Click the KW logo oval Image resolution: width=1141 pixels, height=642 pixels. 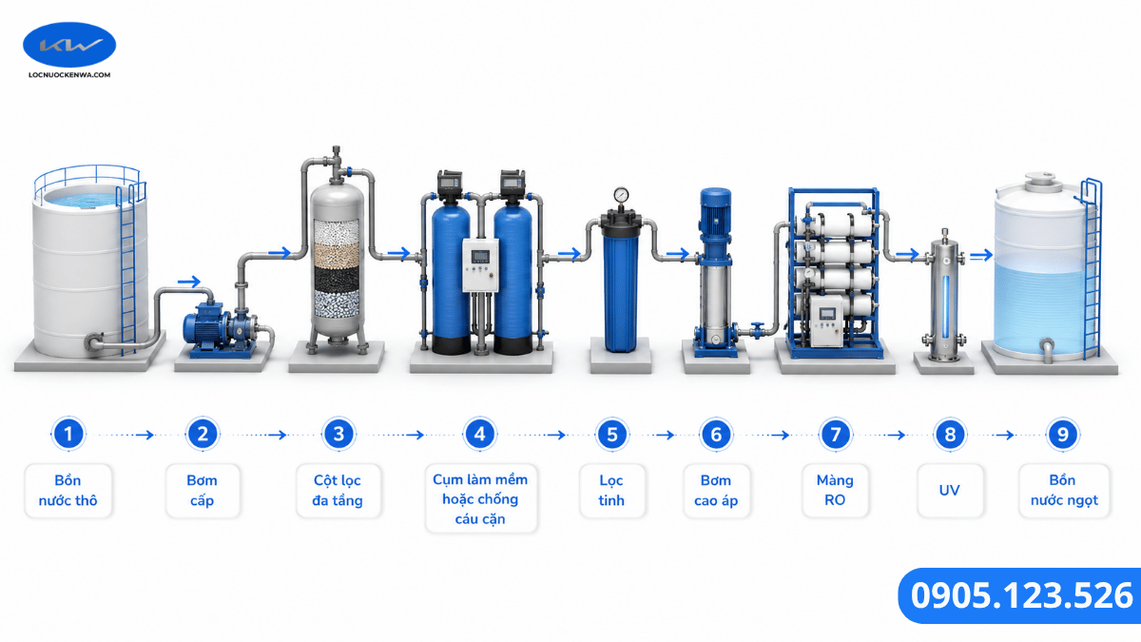click(x=69, y=45)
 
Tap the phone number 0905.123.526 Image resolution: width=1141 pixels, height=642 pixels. click(x=1021, y=595)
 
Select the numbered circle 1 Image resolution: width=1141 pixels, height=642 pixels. click(x=68, y=434)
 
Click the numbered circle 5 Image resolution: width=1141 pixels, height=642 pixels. click(x=611, y=435)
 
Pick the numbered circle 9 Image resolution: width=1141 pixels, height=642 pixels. click(x=1063, y=435)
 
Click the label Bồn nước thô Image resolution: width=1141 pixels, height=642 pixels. click(x=68, y=490)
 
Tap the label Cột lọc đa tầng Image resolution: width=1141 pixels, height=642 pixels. click(x=338, y=490)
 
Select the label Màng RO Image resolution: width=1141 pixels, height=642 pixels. click(x=835, y=490)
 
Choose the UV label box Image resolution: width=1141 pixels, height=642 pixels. click(x=950, y=490)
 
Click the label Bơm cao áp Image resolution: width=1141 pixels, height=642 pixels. click(x=716, y=490)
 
